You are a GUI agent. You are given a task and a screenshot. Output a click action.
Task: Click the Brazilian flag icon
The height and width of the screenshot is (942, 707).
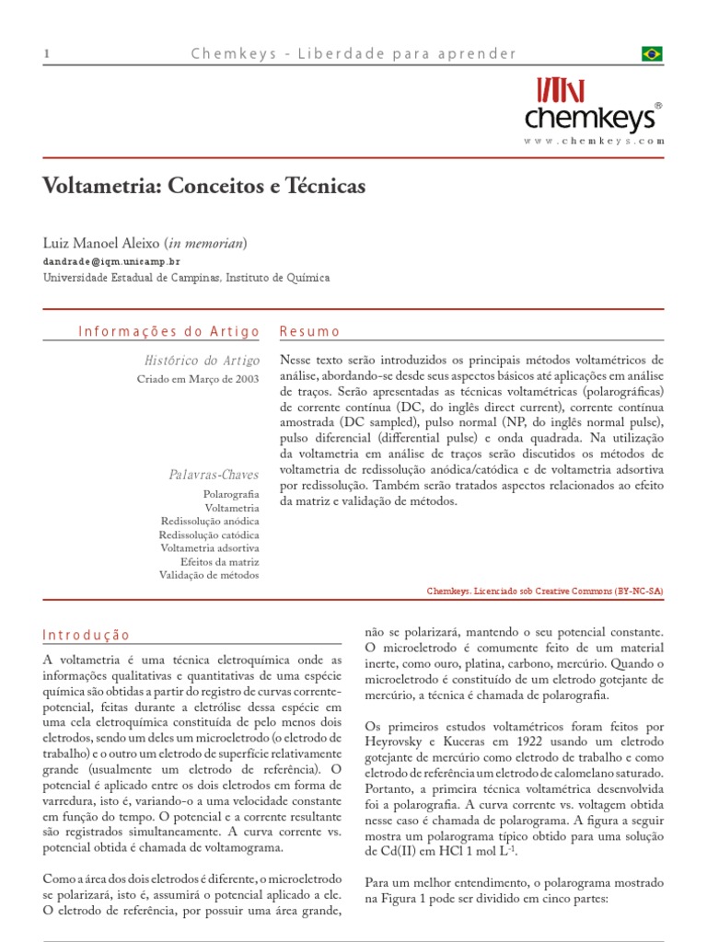(652, 54)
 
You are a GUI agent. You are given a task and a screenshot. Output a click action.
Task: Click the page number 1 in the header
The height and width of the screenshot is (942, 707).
(46, 54)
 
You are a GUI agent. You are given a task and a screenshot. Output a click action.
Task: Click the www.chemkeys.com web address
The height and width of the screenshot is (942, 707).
(594, 141)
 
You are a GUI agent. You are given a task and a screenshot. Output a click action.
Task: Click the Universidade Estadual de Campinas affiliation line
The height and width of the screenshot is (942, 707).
(186, 277)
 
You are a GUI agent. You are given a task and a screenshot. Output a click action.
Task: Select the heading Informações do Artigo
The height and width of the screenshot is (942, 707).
(151, 331)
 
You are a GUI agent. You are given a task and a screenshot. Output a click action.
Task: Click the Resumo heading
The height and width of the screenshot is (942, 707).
(309, 331)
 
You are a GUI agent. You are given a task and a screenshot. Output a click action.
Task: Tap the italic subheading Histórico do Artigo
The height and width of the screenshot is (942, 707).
(203, 361)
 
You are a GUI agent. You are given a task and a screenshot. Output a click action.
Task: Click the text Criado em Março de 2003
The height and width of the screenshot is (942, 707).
(198, 379)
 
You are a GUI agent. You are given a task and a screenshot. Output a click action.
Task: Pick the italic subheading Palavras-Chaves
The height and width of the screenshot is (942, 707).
(214, 475)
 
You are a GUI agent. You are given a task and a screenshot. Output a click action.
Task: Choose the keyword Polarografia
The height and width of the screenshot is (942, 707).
(231, 494)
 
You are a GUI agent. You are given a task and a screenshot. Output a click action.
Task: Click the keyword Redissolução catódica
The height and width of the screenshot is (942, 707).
(209, 534)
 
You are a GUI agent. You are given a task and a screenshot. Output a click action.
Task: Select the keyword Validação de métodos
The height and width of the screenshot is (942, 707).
(209, 575)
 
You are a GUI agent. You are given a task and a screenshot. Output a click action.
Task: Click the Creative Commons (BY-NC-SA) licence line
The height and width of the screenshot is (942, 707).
(545, 592)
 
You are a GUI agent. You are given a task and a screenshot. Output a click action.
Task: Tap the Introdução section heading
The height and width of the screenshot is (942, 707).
(87, 635)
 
